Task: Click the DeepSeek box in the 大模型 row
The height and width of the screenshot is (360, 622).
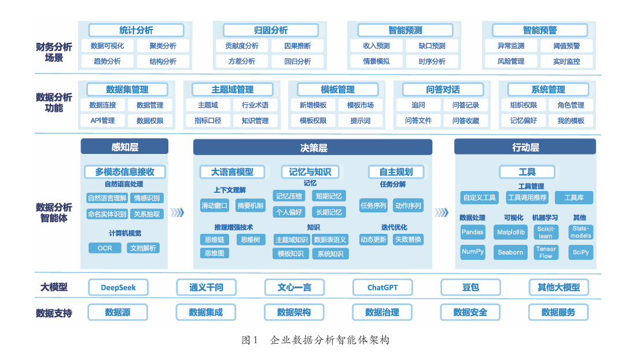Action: click(118, 287)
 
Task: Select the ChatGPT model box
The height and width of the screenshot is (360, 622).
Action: click(382, 287)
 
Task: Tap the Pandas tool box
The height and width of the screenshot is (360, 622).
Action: click(473, 232)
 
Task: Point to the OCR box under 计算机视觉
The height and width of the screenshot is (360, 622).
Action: click(105, 248)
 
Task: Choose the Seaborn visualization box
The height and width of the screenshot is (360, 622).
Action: click(510, 252)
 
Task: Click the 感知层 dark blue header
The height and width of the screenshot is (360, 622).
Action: click(124, 147)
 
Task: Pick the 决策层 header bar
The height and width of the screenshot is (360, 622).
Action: click(312, 148)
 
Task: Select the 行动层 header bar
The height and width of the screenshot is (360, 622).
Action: click(525, 148)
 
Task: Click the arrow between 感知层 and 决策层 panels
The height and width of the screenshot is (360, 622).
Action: click(178, 212)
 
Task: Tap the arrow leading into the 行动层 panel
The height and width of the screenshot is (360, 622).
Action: click(441, 212)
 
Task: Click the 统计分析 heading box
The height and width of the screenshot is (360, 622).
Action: click(136, 30)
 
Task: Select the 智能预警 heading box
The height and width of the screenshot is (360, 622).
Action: click(539, 30)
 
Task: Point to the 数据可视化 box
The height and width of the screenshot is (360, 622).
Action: click(108, 46)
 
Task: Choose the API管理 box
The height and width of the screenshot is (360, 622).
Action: click(102, 120)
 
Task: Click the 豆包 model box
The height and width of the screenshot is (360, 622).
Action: click(470, 287)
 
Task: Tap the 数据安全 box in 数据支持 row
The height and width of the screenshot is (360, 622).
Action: click(470, 313)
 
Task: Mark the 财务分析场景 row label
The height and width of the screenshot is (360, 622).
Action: click(54, 52)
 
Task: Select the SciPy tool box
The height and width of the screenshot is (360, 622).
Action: click(580, 252)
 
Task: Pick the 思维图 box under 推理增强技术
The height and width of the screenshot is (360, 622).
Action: click(214, 253)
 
